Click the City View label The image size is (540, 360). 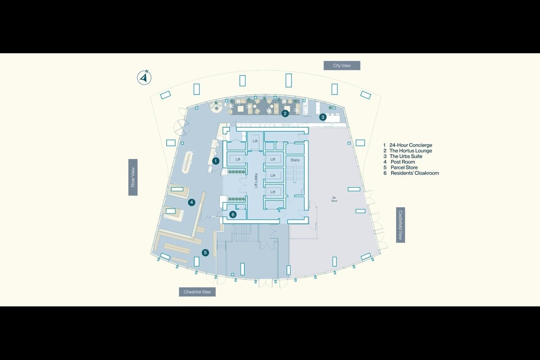coord(342,66)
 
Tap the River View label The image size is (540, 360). coord(133,177)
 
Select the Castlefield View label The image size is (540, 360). coord(400,225)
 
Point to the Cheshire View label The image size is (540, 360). coord(197,292)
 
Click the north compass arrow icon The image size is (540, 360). coord(144,78)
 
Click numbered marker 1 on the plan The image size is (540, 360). coord(216,161)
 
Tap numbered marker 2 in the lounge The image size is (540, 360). coord(285,113)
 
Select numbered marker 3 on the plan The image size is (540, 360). coord(323,117)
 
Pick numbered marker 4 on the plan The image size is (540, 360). coord(192,202)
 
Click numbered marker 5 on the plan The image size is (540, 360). coord(205,253)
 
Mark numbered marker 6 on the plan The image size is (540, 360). coord(233,214)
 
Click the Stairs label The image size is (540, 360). coord(295,160)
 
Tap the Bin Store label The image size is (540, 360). coord(334,199)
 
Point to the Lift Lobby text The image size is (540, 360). coord(256,180)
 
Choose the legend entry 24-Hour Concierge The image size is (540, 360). coord(410,145)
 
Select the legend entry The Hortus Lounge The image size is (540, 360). coord(410,151)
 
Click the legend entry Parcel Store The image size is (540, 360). coord(404,168)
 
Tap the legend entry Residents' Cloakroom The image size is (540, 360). coord(414,173)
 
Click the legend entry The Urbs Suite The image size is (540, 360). coord(405,156)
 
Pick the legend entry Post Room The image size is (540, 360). coord(402,162)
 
